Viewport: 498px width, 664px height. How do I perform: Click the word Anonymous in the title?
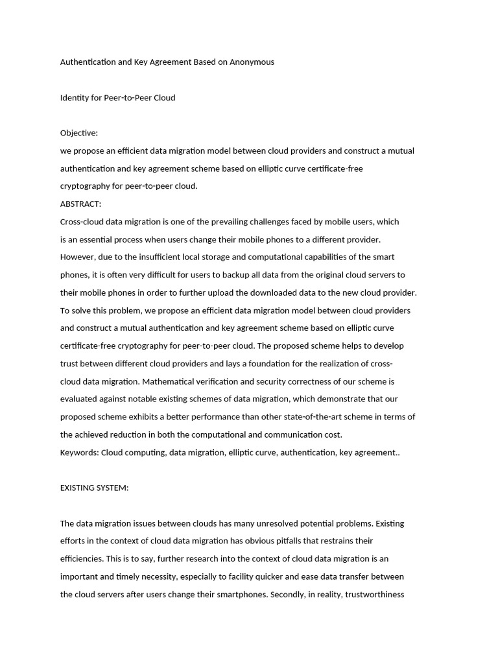point(252,62)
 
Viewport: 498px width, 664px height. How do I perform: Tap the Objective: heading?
point(79,133)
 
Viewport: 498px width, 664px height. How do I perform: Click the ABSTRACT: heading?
point(81,204)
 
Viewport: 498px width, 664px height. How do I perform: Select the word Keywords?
point(79,453)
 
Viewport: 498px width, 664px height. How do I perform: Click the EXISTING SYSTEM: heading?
point(95,488)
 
